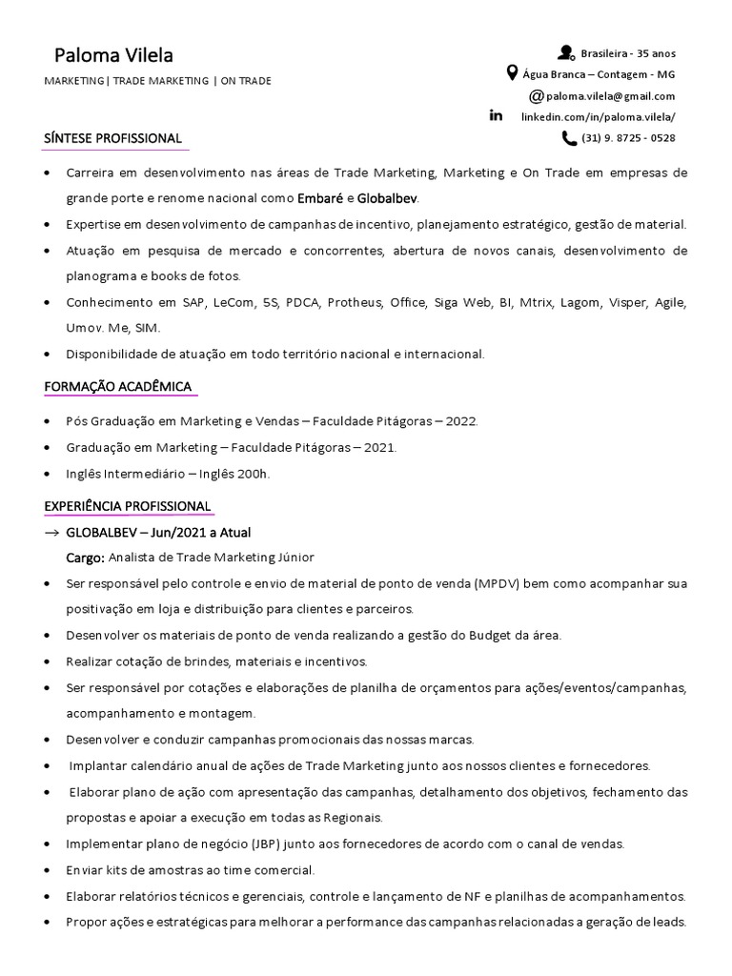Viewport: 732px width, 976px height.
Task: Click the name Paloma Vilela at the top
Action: coord(113,54)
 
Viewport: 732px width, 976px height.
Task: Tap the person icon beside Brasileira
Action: coord(566,52)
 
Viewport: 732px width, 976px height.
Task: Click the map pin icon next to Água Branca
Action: coord(512,73)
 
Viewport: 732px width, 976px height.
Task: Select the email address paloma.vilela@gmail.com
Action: coord(611,95)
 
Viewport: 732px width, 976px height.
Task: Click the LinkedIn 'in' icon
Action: coord(496,115)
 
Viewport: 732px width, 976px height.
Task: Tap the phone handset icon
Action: coord(569,138)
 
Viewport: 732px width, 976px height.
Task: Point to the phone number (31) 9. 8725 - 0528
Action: coord(628,138)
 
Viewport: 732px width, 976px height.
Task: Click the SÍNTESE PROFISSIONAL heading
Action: coord(112,138)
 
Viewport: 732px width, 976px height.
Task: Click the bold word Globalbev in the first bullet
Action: coord(387,198)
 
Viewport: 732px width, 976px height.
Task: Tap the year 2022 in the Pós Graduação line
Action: coord(462,421)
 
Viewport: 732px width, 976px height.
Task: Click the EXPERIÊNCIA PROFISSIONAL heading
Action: coord(127,505)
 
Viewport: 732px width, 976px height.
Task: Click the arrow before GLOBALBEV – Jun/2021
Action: coord(52,532)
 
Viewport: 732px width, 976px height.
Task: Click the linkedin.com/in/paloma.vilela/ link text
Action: coord(598,116)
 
